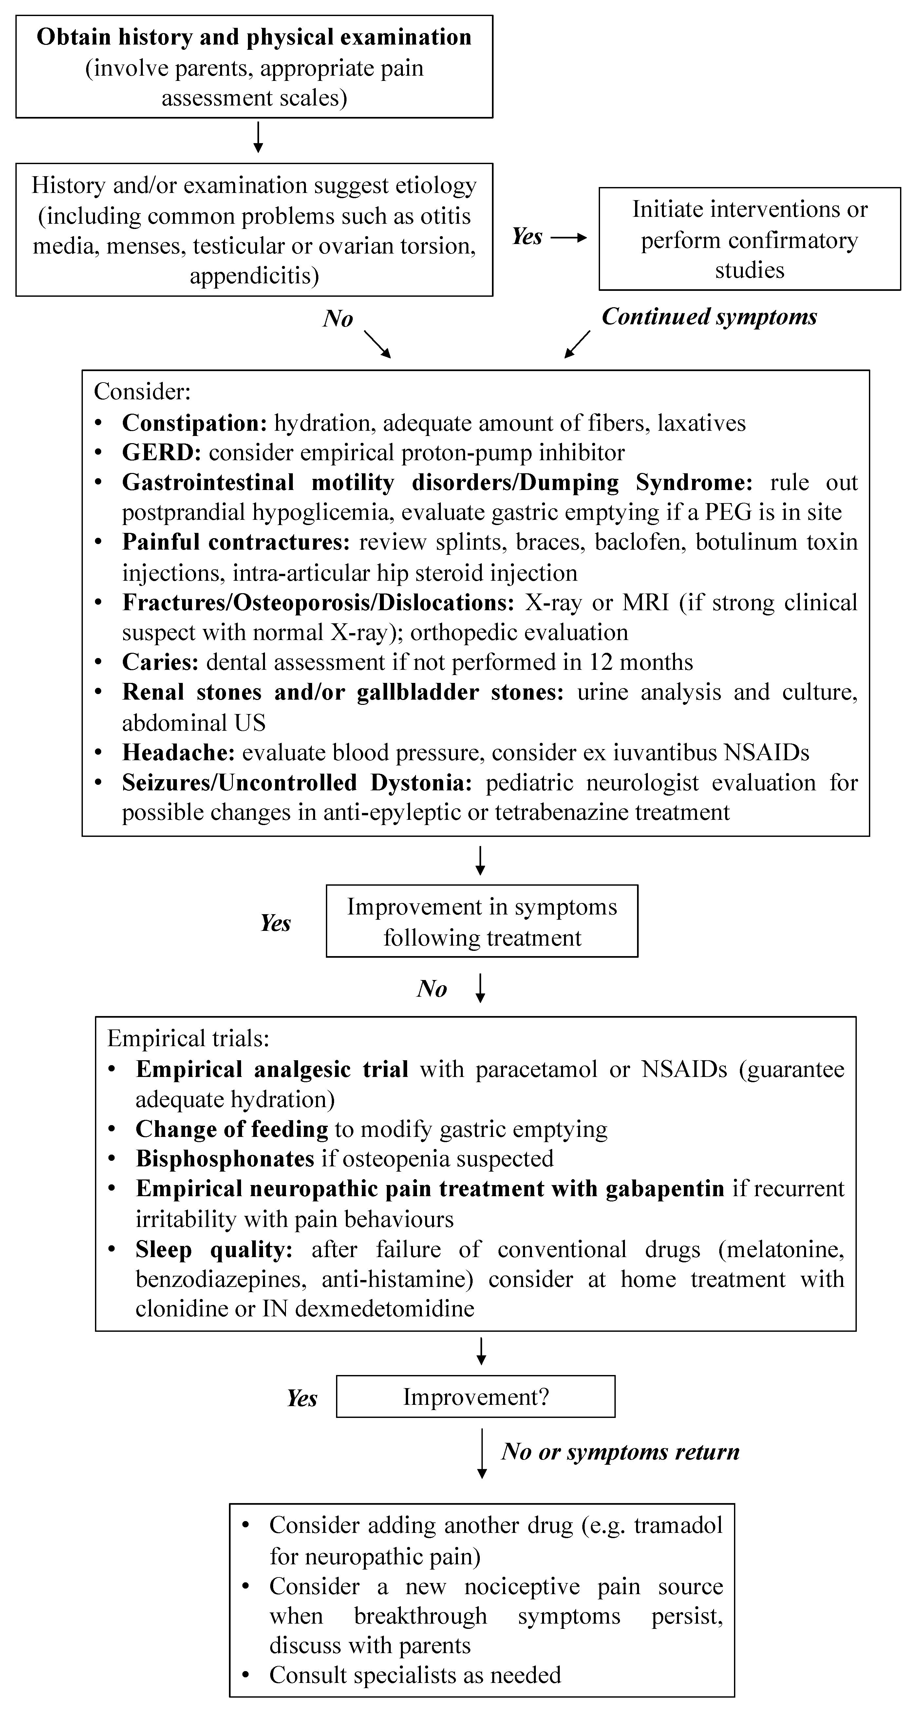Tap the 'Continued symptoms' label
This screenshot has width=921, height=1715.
709,317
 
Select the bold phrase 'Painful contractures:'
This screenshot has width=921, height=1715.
236,542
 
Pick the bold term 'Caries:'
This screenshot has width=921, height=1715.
160,662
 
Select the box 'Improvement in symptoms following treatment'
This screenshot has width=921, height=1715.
481,921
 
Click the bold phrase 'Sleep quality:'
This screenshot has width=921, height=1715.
214,1250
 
